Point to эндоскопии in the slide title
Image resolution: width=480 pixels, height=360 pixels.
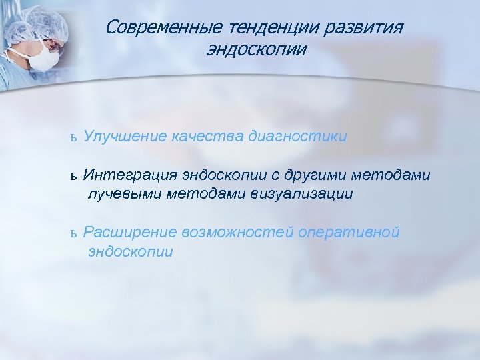pyautogui.click(x=257, y=50)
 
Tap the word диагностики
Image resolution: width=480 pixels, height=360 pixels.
pyautogui.click(x=297, y=136)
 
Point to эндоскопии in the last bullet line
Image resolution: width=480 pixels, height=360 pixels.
pyautogui.click(x=130, y=251)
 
